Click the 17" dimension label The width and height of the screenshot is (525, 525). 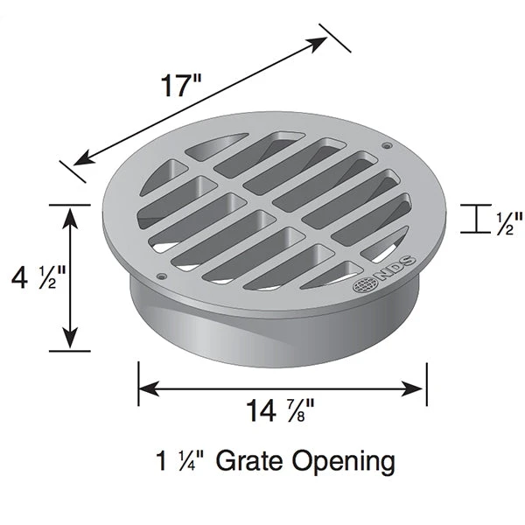(x=181, y=87)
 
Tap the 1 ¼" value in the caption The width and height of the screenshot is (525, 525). (x=181, y=460)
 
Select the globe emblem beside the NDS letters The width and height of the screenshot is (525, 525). (x=363, y=285)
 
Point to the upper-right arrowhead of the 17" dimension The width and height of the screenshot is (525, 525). (x=319, y=44)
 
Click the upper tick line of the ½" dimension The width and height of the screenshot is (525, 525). (x=475, y=205)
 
